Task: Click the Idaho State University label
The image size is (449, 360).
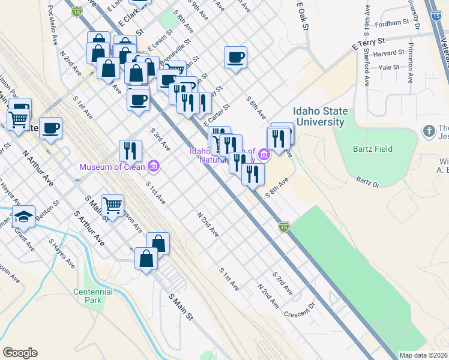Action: tap(319, 116)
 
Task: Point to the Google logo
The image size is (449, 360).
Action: tap(20, 353)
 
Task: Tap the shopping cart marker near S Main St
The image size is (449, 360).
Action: tap(112, 206)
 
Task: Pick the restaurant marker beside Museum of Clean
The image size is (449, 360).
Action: tap(130, 151)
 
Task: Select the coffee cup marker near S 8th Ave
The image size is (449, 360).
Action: tap(235, 58)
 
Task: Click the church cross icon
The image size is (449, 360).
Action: tap(429, 130)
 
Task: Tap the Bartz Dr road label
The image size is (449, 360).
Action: tap(367, 181)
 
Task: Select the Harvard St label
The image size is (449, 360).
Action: tap(385, 53)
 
